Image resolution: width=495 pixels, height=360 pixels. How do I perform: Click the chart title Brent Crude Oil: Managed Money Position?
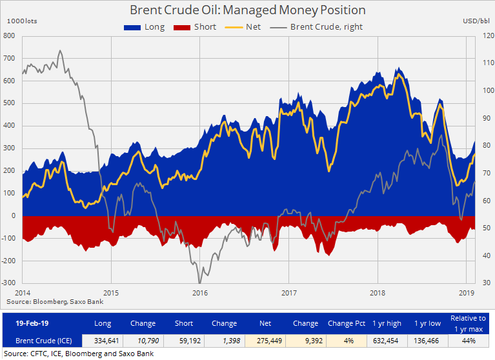pos(247,10)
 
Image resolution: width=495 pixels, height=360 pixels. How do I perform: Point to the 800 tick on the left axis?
pos(10,35)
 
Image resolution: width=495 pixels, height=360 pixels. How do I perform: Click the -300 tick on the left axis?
pos(8,283)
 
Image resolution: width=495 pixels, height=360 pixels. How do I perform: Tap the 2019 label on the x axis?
pos(467,292)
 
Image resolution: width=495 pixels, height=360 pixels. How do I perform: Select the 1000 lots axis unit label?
pos(22,21)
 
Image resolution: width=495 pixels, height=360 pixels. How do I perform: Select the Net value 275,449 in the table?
pos(265,339)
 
